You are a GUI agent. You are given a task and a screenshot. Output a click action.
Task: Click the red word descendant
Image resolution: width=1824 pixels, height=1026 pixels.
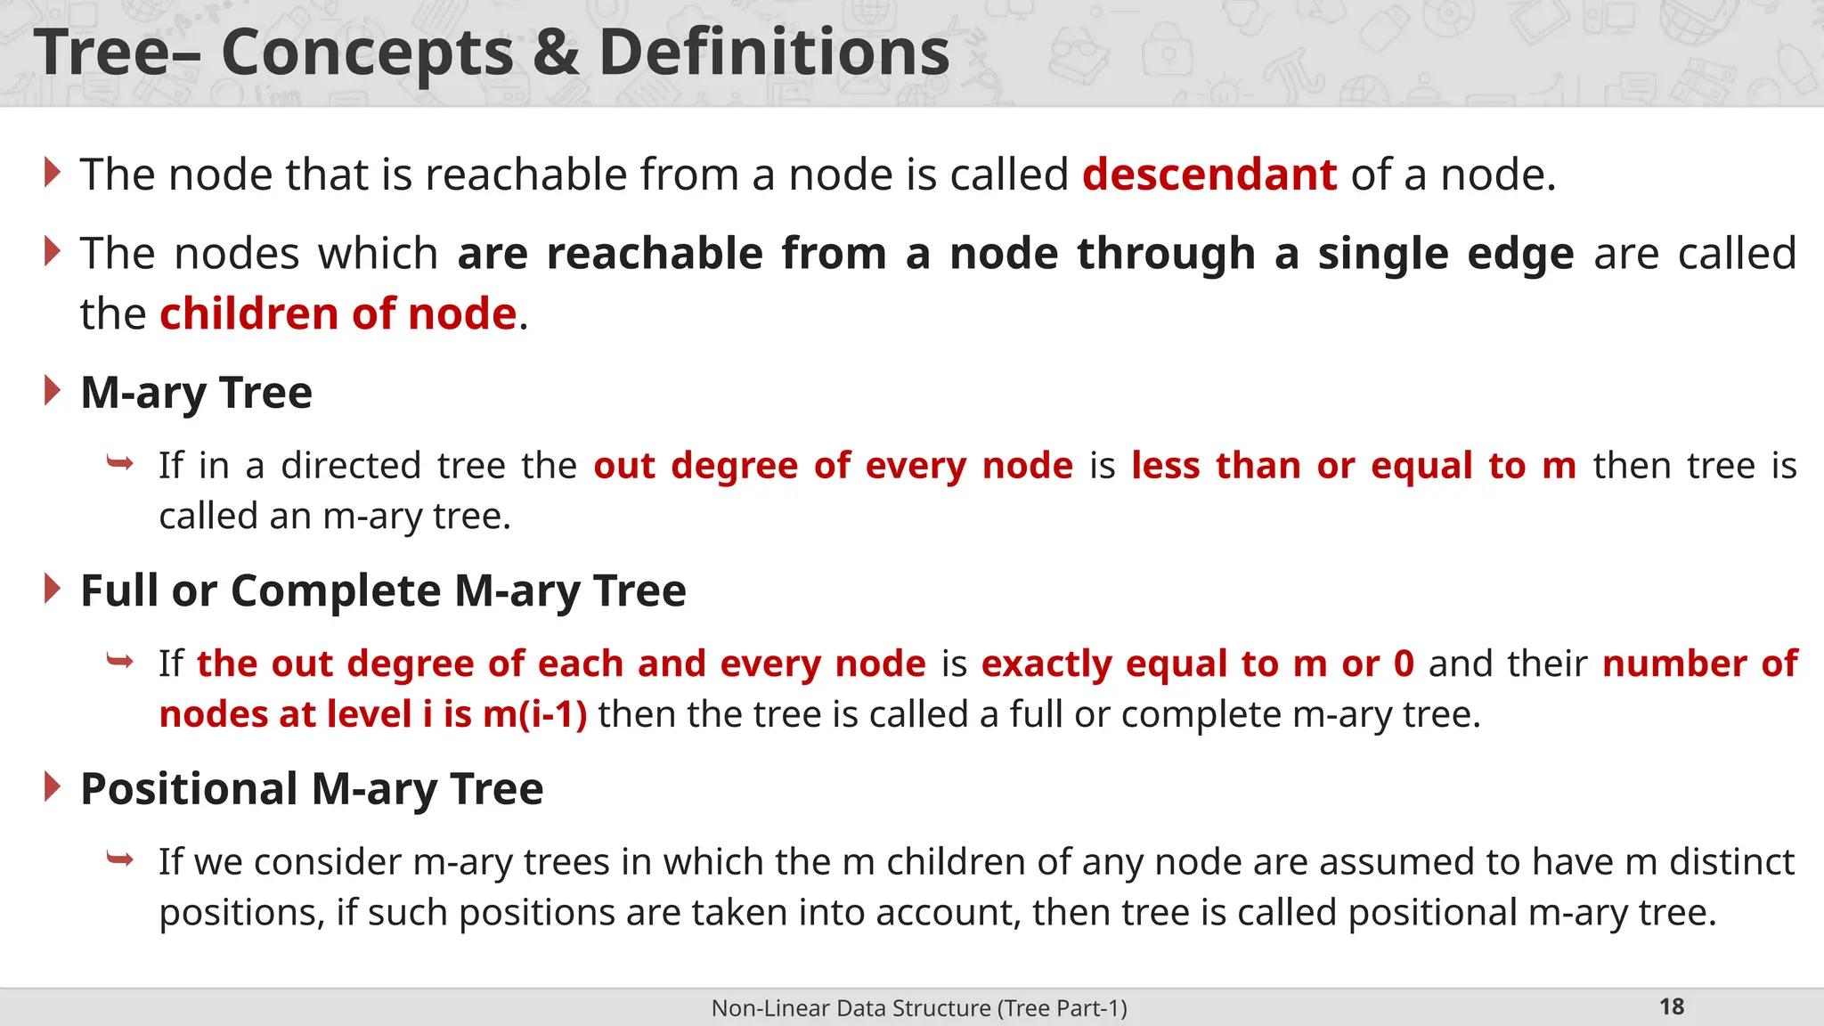[x=1209, y=175]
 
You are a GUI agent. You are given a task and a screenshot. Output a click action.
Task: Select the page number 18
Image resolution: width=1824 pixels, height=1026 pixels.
[x=1671, y=1006]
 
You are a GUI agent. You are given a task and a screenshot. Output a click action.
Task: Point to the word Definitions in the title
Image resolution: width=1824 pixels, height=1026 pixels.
[x=774, y=53]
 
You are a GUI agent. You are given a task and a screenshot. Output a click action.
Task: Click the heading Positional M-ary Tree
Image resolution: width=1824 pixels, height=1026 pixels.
[x=312, y=789]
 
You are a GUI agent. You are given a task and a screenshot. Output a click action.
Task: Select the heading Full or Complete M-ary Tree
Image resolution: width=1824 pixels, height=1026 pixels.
[x=383, y=590]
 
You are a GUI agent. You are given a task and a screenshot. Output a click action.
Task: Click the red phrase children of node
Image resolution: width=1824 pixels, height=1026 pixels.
[x=338, y=314]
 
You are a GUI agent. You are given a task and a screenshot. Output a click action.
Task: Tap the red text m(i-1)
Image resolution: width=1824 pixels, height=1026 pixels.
[x=534, y=714]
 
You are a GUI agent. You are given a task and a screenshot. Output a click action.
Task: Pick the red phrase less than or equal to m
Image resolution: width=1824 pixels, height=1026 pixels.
[x=1354, y=466]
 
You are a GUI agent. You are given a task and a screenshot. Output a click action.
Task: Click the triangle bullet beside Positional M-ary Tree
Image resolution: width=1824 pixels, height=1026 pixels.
[x=53, y=787]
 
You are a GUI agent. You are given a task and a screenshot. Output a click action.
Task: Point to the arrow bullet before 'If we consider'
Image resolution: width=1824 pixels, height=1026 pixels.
[x=119, y=859]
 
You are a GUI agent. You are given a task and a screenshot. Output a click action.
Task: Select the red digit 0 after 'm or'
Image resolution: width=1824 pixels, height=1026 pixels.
[x=1404, y=664]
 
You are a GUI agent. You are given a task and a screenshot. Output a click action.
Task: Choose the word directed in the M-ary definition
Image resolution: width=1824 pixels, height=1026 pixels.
[x=351, y=466]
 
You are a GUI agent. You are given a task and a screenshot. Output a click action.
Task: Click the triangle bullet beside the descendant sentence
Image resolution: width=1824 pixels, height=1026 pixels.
[x=53, y=172]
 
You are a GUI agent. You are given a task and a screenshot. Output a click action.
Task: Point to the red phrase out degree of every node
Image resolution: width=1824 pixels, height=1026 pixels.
[x=834, y=466]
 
